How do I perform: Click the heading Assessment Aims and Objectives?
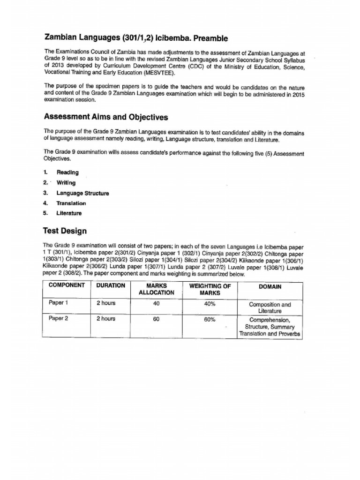pyautogui.click(x=105, y=116)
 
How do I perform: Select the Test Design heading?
pyautogui.click(x=65, y=231)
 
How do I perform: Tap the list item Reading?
pyautogui.click(x=67, y=172)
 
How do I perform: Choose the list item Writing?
pyautogui.click(x=66, y=183)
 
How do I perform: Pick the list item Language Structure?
pyautogui.click(x=82, y=193)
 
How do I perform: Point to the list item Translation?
pyautogui.click(x=71, y=203)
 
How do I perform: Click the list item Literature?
pyautogui.click(x=69, y=213)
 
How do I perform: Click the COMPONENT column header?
pyautogui.click(x=67, y=285)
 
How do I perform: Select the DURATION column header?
pyautogui.click(x=111, y=285)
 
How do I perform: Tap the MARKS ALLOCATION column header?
pyautogui.click(x=157, y=289)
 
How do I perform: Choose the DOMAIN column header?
pyautogui.click(x=270, y=286)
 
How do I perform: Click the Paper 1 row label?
pyautogui.click(x=59, y=303)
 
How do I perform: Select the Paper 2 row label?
pyautogui.click(x=59, y=319)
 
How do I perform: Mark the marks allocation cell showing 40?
pyautogui.click(x=157, y=303)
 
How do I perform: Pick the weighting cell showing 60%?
pyautogui.click(x=210, y=319)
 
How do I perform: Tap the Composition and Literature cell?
pyautogui.click(x=270, y=307)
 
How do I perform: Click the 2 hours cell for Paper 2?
pyautogui.click(x=106, y=319)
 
